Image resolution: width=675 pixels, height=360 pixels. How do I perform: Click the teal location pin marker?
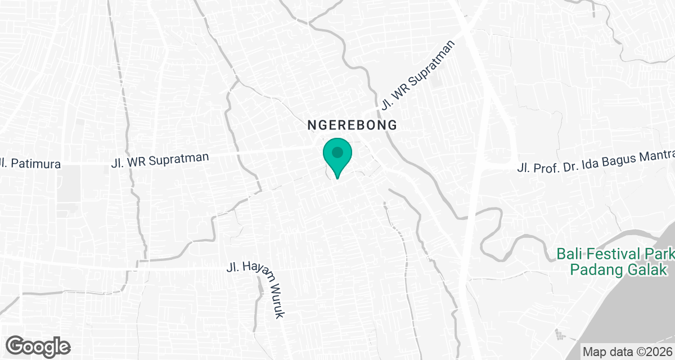[337, 157]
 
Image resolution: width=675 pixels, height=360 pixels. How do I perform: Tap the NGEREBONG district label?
[353, 125]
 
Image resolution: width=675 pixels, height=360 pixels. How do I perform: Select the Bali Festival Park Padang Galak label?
[616, 262]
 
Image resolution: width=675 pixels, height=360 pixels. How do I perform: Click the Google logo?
[38, 346]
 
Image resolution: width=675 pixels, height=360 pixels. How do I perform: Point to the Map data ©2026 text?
[628, 352]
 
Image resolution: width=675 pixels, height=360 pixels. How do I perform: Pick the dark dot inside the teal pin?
[337, 152]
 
